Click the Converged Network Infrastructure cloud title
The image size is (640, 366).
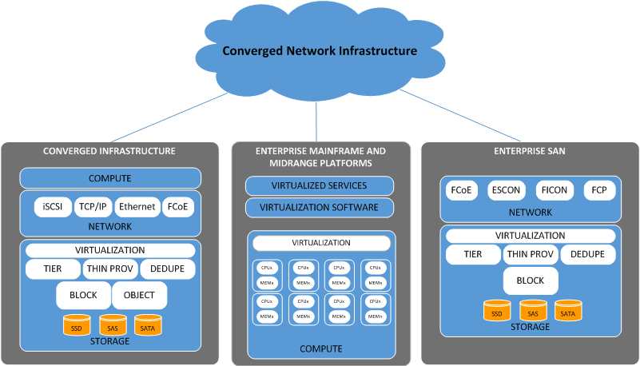click(320, 51)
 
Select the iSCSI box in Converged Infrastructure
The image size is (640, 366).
click(54, 206)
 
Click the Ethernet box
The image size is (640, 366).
click(137, 206)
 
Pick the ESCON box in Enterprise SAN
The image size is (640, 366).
click(506, 192)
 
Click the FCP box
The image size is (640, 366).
click(598, 192)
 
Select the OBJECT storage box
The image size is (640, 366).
click(140, 295)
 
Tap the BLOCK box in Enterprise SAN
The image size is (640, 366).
click(530, 280)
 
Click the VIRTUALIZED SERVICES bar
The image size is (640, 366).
click(319, 185)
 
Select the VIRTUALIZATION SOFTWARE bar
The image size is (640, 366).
click(319, 208)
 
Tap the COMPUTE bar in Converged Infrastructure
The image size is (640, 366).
click(109, 177)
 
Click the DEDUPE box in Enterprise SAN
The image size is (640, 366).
click(587, 255)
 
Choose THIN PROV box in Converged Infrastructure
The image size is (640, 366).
click(109, 269)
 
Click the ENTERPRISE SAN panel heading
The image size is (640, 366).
click(530, 150)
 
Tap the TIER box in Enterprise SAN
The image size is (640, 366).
click(472, 255)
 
